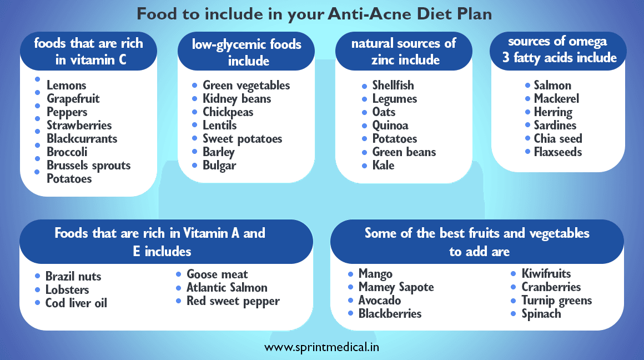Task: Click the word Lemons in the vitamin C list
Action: coord(67,86)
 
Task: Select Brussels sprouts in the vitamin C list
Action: coord(88,166)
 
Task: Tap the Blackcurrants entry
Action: coord(82,139)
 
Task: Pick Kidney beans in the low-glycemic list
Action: coord(237,99)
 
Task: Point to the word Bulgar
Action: coord(219,166)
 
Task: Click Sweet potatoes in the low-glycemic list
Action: coord(242,139)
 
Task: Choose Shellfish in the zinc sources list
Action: coord(393,86)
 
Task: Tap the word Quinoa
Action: coord(390,126)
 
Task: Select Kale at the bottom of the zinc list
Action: coord(383,166)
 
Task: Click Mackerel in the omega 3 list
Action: coord(556,99)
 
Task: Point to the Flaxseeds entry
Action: coord(557,152)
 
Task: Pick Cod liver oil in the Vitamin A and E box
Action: coord(76,303)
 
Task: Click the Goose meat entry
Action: coord(217,274)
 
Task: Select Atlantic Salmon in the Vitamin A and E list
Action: coord(227,288)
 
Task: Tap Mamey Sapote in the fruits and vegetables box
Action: coord(396,287)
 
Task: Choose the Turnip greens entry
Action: coord(556,301)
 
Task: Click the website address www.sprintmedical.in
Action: coord(322,348)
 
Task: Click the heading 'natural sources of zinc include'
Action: coord(404,51)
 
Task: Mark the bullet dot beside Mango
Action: coord(350,274)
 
